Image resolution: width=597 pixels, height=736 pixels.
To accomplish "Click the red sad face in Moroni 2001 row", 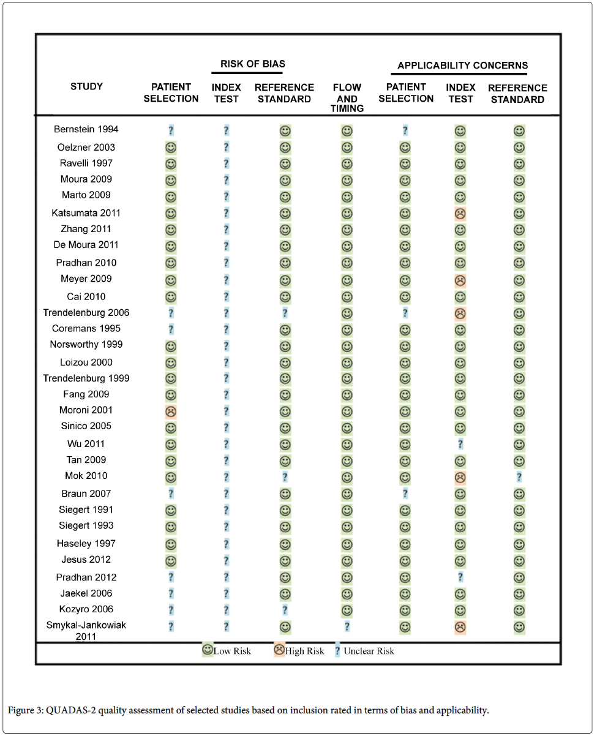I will point(171,411).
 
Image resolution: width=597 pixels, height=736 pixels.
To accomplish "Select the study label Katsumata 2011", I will point(86,213).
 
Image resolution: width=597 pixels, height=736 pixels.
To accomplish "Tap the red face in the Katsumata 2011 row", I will point(460,214).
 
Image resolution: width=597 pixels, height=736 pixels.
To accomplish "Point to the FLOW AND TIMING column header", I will point(347,98).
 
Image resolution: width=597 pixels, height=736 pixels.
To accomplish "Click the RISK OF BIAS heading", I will point(253,64).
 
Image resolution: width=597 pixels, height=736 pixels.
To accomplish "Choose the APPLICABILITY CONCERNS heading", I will point(462,66).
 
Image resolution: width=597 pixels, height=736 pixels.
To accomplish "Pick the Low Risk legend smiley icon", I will point(208,650).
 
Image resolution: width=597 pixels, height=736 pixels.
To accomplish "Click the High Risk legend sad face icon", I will point(279,650).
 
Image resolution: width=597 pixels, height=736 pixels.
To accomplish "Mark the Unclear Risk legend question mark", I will point(337,651).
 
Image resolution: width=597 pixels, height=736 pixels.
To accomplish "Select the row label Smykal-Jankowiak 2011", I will point(86,631).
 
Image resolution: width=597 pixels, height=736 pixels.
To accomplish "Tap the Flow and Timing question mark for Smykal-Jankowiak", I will point(347,626).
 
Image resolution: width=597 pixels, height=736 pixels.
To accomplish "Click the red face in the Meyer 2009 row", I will point(460,280).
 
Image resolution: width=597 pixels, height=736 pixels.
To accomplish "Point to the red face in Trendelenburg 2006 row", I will point(460,314).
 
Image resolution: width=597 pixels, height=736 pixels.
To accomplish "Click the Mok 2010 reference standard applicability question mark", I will point(519,476).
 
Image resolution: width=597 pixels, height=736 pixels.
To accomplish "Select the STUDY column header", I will point(86,86).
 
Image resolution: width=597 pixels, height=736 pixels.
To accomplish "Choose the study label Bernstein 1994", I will point(86,129).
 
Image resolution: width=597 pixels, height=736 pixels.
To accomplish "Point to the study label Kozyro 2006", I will point(86,609).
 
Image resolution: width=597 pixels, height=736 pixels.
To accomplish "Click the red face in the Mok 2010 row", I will point(460,476).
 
